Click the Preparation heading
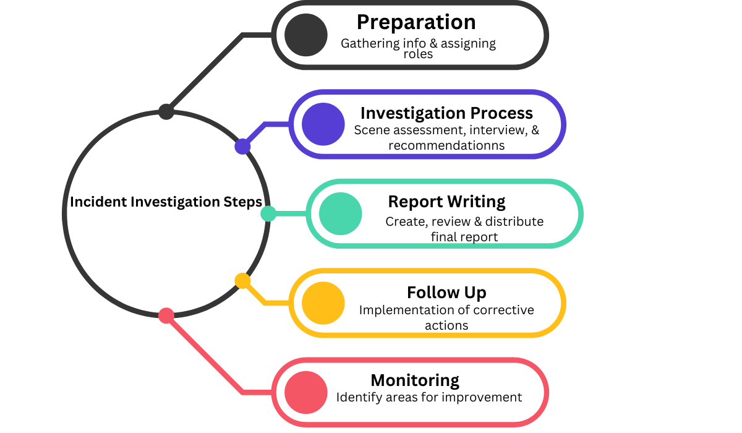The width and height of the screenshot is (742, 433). tap(416, 22)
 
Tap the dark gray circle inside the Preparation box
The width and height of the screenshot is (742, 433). tap(306, 35)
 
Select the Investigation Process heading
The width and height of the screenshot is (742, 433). tap(446, 113)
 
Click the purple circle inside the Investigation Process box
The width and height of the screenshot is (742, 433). tap(323, 124)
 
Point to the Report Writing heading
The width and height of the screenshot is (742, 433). tap(446, 202)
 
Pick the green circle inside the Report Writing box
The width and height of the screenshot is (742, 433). tap(341, 213)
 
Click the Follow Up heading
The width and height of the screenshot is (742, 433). tap(446, 292)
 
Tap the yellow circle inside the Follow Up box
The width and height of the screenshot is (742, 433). tap(323, 303)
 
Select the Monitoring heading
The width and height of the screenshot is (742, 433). tap(415, 380)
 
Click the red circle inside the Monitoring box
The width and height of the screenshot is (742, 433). tap(306, 392)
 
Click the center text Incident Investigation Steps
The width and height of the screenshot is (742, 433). tap(166, 202)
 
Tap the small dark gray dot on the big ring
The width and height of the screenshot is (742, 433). tap(166, 112)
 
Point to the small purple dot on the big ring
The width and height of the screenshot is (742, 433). tap(242, 147)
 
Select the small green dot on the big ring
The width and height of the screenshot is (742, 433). tap(268, 213)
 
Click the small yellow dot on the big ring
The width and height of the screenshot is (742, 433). tap(242, 281)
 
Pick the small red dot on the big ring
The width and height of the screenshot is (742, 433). tap(166, 315)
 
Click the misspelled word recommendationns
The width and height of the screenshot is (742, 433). tap(446, 146)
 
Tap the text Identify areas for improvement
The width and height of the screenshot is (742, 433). tap(429, 397)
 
